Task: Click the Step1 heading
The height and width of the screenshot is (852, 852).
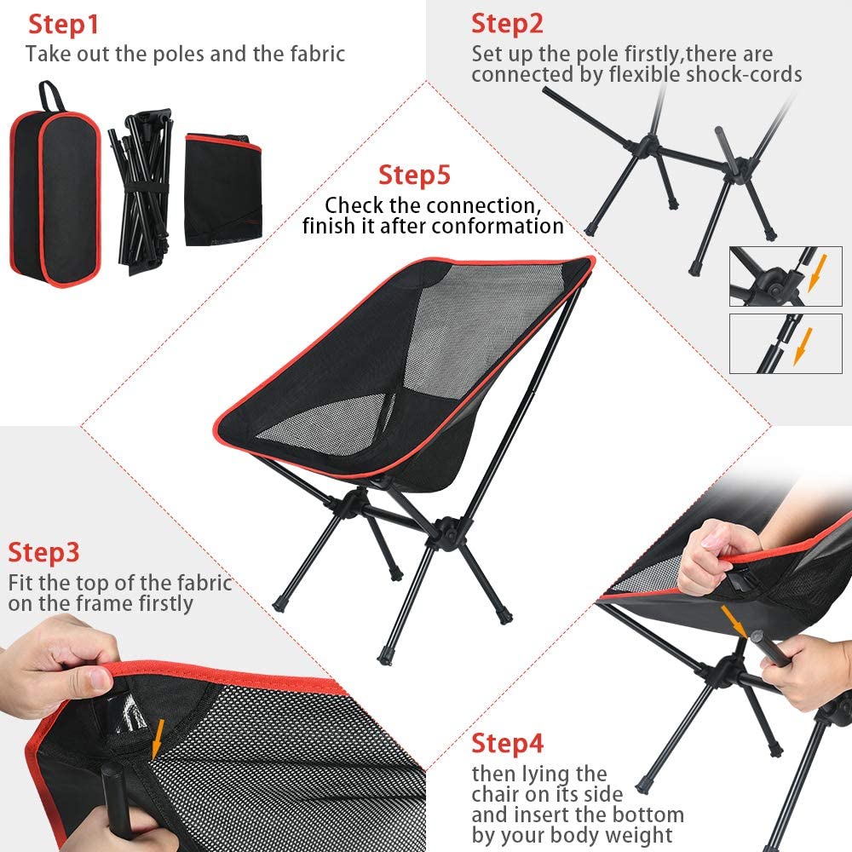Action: click(x=63, y=25)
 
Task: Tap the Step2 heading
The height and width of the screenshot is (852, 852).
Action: click(x=507, y=25)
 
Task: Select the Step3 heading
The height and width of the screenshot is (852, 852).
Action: click(x=43, y=552)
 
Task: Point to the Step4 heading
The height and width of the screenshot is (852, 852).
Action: click(x=507, y=743)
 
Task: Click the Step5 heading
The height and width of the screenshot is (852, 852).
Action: click(x=415, y=175)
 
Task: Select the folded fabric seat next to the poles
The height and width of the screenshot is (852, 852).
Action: click(x=223, y=189)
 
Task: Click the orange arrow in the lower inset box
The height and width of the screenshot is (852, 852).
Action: click(x=803, y=346)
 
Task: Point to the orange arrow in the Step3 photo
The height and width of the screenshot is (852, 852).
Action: click(x=158, y=739)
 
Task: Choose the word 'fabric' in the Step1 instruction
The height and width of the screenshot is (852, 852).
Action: click(x=318, y=55)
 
